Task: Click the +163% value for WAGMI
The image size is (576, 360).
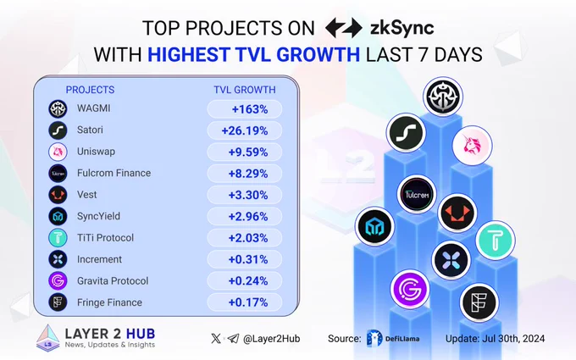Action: point(250,109)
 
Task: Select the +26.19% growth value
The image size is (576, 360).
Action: point(245,130)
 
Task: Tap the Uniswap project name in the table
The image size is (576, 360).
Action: point(96,152)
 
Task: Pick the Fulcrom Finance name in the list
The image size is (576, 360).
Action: point(114,173)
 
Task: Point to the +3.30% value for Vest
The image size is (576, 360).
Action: point(248,195)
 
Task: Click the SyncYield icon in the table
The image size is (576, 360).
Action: point(58,216)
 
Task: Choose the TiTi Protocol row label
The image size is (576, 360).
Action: point(105,238)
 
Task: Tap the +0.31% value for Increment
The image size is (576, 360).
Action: point(248,260)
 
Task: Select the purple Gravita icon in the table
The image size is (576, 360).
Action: point(58,281)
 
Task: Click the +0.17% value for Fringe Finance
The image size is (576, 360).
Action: point(248,302)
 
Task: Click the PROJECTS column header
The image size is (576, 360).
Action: point(90,90)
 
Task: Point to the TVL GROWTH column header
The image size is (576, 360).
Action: point(245,90)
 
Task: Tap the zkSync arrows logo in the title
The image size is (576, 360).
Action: point(344,28)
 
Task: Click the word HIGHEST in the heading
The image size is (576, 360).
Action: point(189,55)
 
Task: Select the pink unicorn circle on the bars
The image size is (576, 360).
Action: point(473,145)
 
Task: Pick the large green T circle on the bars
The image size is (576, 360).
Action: point(496,241)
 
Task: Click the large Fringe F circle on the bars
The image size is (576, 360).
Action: point(479,302)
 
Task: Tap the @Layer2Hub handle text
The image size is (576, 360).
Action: point(271,339)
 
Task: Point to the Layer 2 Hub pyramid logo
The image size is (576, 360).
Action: point(48,338)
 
